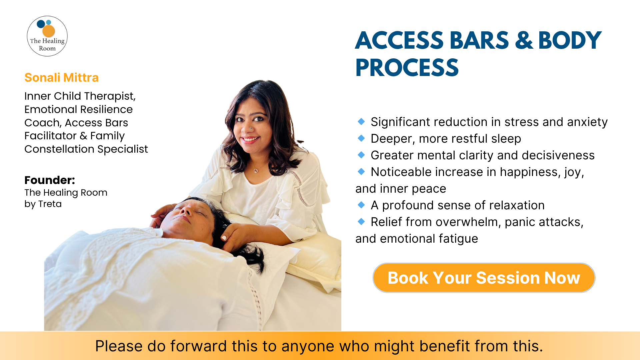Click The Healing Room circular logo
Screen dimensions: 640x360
(x=47, y=36)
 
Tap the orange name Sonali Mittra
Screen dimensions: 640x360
(x=62, y=78)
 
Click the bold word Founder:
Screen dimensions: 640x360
(x=50, y=180)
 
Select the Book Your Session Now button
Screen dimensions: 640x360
(x=484, y=278)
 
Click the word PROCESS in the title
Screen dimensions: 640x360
(x=407, y=68)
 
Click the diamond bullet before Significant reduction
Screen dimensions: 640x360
(x=361, y=121)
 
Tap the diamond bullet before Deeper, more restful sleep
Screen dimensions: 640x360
(x=361, y=138)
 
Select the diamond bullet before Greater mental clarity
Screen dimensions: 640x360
(x=361, y=155)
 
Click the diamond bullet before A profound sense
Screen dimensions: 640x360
(x=361, y=205)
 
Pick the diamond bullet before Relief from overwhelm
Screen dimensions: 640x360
(x=361, y=221)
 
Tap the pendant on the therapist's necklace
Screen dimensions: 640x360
(x=256, y=171)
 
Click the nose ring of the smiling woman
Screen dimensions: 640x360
(x=251, y=129)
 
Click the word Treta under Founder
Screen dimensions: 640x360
(x=50, y=204)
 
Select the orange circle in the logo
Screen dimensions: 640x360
(x=49, y=31)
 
